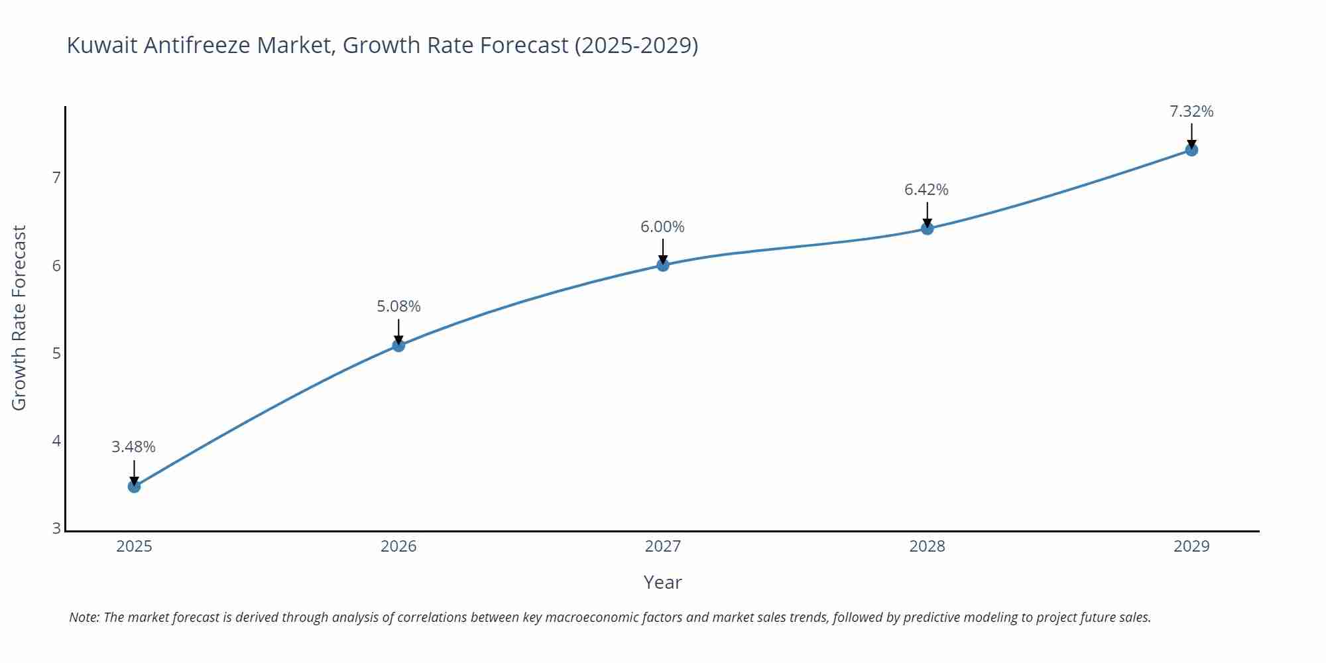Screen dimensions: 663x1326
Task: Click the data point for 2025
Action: (134, 486)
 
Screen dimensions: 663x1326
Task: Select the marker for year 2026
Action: (398, 345)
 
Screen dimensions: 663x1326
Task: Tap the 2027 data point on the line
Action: (663, 265)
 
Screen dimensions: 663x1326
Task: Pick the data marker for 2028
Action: (927, 228)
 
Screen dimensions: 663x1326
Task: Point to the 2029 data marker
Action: (1191, 150)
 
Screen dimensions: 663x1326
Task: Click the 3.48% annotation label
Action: (133, 447)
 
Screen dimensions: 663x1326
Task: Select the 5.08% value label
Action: (398, 306)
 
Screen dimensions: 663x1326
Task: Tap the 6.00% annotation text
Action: (662, 227)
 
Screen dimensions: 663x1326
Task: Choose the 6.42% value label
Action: (926, 190)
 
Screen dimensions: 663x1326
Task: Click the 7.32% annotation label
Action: (1191, 111)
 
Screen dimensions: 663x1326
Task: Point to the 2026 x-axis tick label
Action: (398, 546)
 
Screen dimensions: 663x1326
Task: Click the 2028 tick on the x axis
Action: (927, 546)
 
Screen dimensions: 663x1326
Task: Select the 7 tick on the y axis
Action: (56, 178)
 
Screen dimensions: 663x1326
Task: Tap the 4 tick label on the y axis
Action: (56, 441)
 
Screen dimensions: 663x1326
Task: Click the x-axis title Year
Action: (662, 582)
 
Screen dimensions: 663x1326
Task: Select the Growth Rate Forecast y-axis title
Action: (19, 318)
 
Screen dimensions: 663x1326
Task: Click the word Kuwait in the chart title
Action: (102, 45)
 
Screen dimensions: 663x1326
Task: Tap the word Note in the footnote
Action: (84, 617)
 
